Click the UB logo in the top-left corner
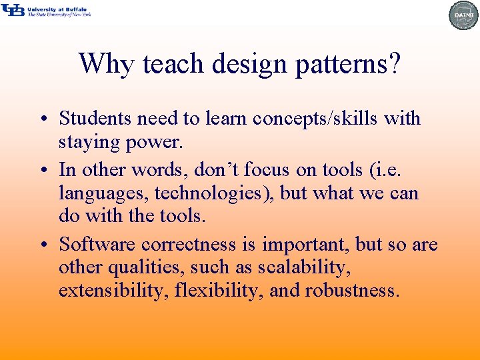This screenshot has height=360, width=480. [x=13, y=10]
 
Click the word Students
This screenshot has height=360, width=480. [x=96, y=118]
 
